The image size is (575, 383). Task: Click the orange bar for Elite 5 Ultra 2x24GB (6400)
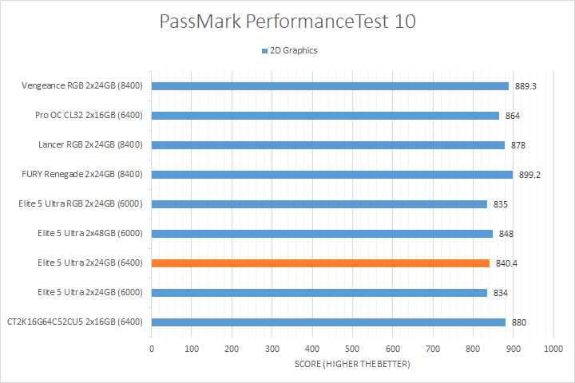click(319, 263)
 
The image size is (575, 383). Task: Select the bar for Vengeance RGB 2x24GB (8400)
click(330, 86)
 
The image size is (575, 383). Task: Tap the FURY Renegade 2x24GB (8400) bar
click(331, 175)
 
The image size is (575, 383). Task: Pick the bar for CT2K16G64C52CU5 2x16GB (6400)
click(328, 322)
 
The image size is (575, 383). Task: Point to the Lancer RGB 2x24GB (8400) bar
click(327, 145)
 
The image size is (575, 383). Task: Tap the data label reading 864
click(513, 116)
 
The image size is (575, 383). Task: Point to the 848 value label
click(506, 234)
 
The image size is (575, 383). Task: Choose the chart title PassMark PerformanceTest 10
click(287, 22)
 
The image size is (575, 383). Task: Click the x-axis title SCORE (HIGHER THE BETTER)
click(351, 365)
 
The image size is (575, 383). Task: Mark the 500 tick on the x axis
click(352, 349)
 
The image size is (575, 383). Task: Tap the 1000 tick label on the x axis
click(553, 349)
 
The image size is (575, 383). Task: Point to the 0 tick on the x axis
click(152, 349)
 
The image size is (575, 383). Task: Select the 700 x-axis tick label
click(432, 349)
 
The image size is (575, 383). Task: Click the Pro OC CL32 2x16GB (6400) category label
click(89, 116)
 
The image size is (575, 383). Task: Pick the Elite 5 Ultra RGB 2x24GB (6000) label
click(81, 204)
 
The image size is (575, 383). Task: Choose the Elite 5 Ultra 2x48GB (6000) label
click(90, 234)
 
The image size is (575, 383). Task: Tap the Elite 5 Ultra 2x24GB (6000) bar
click(319, 293)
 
